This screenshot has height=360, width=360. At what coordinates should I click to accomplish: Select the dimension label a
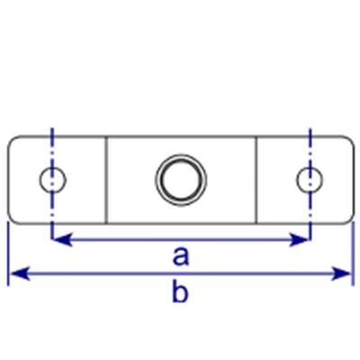[181, 256]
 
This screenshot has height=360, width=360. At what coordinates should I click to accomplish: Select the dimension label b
[180, 290]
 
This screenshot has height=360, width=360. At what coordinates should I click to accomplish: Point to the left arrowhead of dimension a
[62, 239]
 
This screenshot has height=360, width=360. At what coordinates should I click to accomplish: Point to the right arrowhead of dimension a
[300, 239]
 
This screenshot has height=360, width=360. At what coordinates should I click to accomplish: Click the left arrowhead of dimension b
[20, 274]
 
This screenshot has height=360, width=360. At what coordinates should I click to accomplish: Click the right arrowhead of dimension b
[341, 274]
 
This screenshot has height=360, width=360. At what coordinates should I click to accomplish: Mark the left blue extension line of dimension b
[8, 254]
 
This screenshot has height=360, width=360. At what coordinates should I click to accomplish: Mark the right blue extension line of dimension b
[353, 254]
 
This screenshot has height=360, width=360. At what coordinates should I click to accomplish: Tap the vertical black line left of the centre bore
[106, 180]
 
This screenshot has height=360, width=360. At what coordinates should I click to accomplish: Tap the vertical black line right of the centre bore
[256, 180]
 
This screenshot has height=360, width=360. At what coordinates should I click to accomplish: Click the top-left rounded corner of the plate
[11, 139]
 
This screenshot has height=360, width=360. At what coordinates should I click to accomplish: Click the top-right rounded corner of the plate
[350, 139]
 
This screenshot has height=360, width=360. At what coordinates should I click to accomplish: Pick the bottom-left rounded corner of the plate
[11, 220]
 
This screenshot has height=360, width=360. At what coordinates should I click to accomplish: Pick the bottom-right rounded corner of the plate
[350, 220]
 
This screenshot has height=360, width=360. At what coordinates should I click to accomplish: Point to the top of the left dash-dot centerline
[52, 129]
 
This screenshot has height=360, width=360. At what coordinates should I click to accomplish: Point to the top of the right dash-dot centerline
[310, 129]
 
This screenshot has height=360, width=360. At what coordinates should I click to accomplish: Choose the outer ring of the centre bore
[181, 155]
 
